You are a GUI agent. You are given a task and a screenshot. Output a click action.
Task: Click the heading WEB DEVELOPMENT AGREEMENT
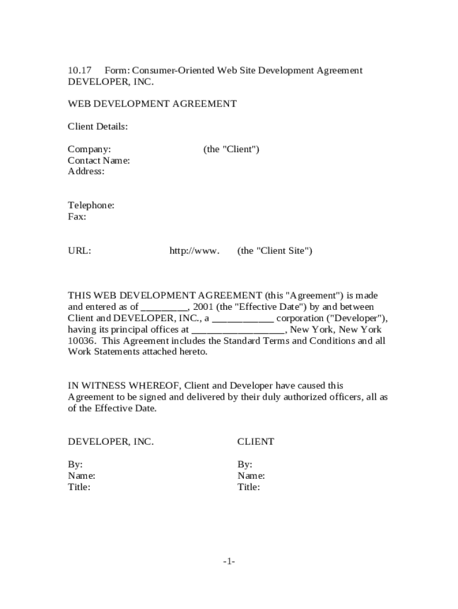pyautogui.click(x=152, y=104)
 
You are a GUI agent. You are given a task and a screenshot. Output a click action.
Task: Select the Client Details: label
pyautogui.click(x=98, y=127)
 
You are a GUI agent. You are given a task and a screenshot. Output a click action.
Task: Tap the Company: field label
pyautogui.click(x=89, y=149)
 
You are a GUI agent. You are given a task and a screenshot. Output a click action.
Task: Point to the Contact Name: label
pyautogui.click(x=99, y=161)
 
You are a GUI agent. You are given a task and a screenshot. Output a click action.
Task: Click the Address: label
pyautogui.click(x=86, y=172)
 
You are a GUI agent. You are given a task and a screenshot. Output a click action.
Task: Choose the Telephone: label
pyautogui.click(x=91, y=206)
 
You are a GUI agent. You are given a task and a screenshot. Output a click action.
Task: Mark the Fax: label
pyautogui.click(x=77, y=217)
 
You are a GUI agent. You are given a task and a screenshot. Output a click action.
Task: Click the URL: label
pyautogui.click(x=79, y=251)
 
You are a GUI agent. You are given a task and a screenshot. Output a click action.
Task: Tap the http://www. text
pyautogui.click(x=195, y=251)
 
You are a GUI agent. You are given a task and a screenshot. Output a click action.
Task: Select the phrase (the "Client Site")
pyautogui.click(x=275, y=251)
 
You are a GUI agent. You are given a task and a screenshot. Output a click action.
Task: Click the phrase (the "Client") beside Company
pyautogui.click(x=231, y=149)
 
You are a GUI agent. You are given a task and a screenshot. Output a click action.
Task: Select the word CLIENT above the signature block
pyautogui.click(x=256, y=442)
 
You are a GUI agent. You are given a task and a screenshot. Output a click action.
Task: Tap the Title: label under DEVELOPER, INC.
pyautogui.click(x=79, y=487)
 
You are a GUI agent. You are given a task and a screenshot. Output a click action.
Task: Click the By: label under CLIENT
pyautogui.click(x=245, y=464)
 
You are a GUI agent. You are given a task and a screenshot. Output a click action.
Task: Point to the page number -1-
pyautogui.click(x=229, y=561)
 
